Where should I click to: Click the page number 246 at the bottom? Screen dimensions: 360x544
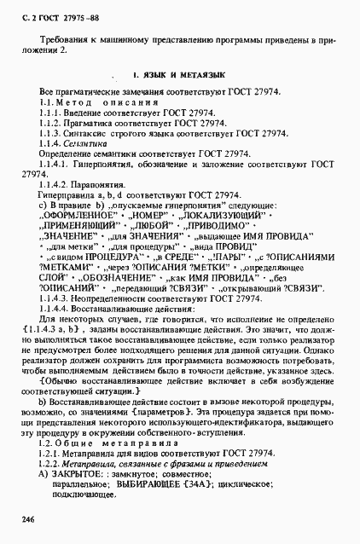[31, 518]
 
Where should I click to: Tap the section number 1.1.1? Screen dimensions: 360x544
[50, 113]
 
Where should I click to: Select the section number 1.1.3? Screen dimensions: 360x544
[50, 133]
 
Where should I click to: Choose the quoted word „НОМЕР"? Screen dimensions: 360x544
[144, 217]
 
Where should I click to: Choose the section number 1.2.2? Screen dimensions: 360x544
[50, 463]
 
